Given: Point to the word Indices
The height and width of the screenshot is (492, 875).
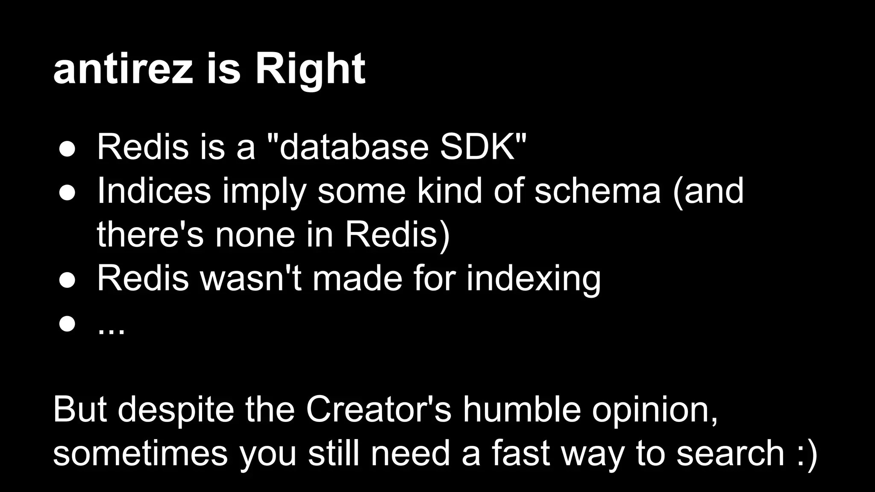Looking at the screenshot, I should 154,190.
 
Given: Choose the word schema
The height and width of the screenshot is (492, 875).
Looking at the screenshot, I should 597,190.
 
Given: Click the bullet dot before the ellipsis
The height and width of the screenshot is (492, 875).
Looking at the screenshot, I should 68,324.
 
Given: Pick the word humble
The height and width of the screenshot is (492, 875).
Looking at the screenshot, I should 522,410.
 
